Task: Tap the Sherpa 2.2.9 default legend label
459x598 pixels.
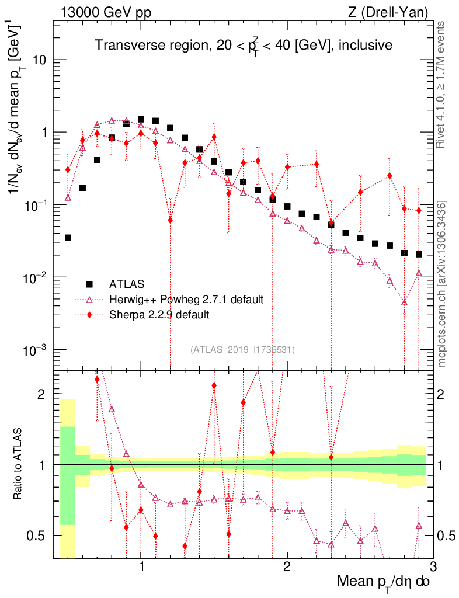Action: coord(159,315)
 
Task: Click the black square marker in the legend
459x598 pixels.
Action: coord(89,284)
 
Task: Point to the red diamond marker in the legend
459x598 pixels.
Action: coord(89,315)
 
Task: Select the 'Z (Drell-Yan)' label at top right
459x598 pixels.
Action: coord(395,12)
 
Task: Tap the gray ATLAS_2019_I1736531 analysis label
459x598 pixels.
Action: coord(242,350)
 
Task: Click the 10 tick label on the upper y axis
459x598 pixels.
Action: coord(42,60)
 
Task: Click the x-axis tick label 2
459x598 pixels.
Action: coord(287,567)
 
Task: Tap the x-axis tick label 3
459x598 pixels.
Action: coord(432,567)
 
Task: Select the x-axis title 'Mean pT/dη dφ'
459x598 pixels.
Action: coord(384,582)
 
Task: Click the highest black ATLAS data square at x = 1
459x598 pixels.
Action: coord(141,119)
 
